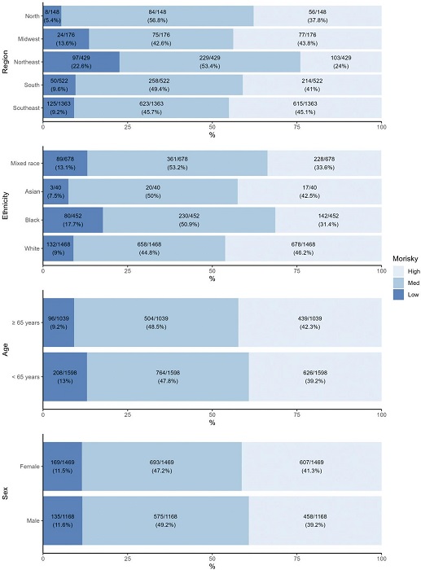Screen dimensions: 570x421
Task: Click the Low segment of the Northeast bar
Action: [x=81, y=62]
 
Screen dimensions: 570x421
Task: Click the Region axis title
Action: [x=6, y=62]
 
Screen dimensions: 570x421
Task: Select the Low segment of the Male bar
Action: [x=62, y=518]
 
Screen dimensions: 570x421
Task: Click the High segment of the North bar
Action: [x=318, y=15]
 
